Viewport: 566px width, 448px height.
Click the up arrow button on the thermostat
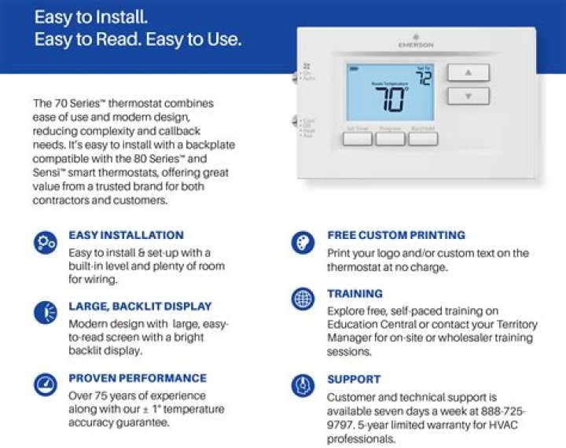coord(469,72)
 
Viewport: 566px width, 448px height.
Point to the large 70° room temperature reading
coord(391,100)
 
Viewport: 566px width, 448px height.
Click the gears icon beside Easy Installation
coord(45,243)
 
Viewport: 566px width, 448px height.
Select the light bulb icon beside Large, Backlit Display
coord(45,313)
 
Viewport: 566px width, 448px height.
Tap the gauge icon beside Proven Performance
coord(45,384)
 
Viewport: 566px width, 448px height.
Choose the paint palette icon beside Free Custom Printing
coord(303,242)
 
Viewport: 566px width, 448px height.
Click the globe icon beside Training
coord(303,299)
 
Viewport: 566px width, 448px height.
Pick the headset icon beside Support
coord(303,384)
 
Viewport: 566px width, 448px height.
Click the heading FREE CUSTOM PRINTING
coord(396,235)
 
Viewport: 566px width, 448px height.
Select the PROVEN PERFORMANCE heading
coord(138,378)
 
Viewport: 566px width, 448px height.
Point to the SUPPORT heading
coord(354,379)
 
